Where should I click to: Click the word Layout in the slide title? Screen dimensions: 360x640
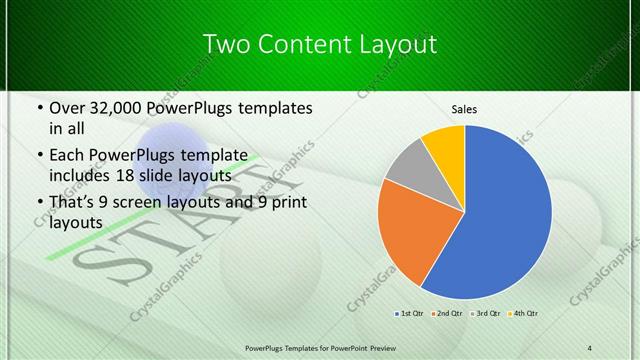[397, 44]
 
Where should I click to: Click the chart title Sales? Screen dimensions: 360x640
[464, 109]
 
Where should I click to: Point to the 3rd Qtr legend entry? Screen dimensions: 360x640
[485, 314]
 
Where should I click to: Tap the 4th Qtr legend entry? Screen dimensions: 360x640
[521, 314]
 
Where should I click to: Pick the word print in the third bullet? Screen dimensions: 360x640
[281, 204]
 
